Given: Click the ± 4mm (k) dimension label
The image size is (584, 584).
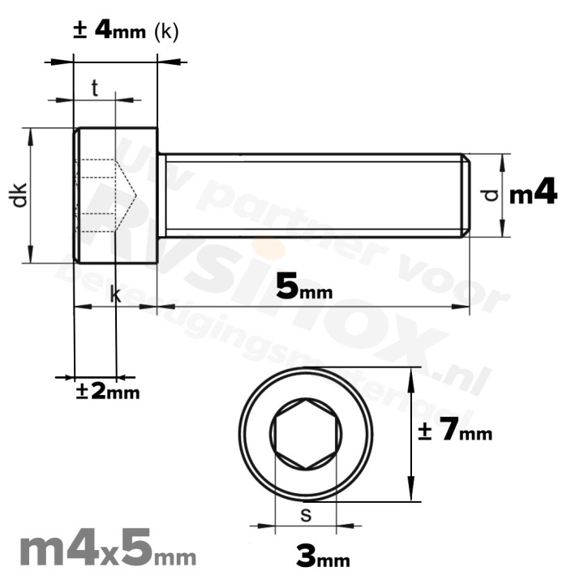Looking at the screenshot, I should pos(126,31).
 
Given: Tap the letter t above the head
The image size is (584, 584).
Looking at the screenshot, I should pos(95,89).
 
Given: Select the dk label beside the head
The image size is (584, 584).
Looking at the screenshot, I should pos(20,195).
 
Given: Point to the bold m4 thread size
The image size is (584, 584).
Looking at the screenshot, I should pos(533,194).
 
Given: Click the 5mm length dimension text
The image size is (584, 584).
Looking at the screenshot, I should pos(304,287).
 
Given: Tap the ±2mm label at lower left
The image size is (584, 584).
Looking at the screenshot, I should pos(108,392).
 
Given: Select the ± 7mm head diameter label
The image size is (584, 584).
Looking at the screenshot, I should pos(455,432).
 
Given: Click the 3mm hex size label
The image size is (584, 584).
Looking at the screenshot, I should pos(323,557).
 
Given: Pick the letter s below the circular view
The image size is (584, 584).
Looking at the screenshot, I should pos(305,513).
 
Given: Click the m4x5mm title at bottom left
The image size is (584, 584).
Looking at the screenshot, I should pos(106,551).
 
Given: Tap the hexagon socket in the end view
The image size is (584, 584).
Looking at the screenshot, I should pos(306,435).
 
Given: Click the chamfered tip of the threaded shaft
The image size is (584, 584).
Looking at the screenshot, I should pos(466,195).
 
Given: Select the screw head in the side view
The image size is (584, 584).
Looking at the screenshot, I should pos(115,195).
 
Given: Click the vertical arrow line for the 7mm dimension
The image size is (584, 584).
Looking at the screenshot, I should pos(414,435).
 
